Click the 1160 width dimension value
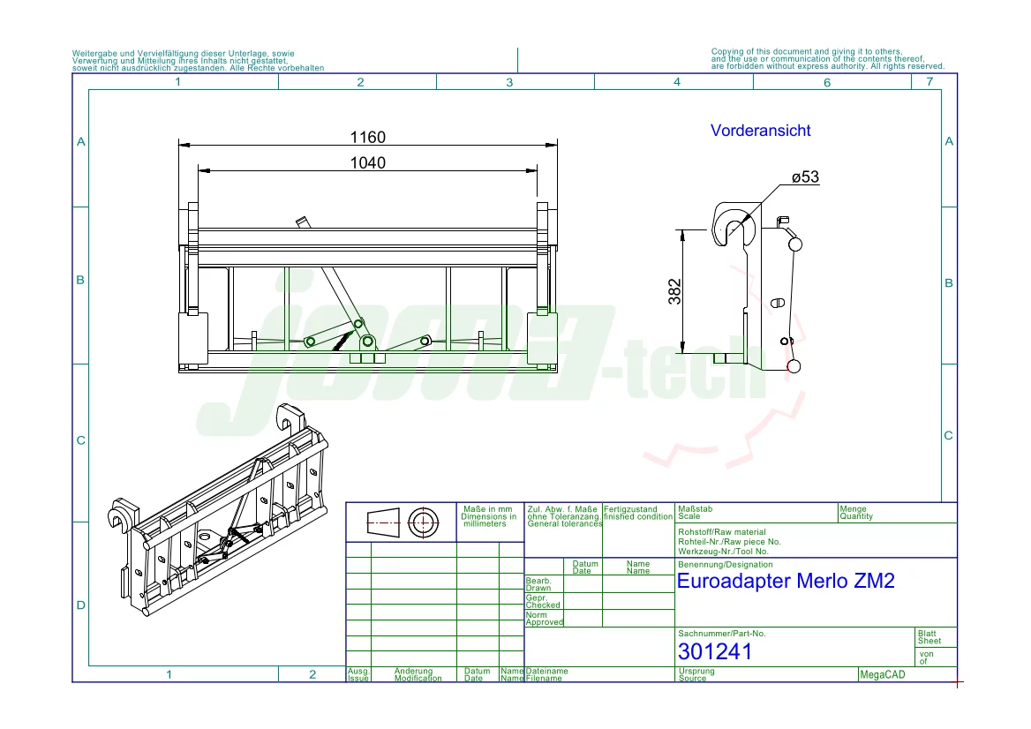[x=368, y=138]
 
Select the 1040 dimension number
[x=368, y=162]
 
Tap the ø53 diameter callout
[x=805, y=177]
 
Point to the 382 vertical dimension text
[x=674, y=291]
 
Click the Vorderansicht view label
[x=760, y=131]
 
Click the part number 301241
[x=715, y=651]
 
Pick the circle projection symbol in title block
[x=423, y=522]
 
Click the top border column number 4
[x=677, y=82]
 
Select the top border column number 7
[x=929, y=82]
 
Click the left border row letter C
[x=80, y=440]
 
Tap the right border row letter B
[x=949, y=283]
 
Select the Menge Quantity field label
[x=854, y=513]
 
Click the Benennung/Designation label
[x=725, y=564]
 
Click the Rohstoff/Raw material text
[x=721, y=532]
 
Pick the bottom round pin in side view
[x=794, y=365]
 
